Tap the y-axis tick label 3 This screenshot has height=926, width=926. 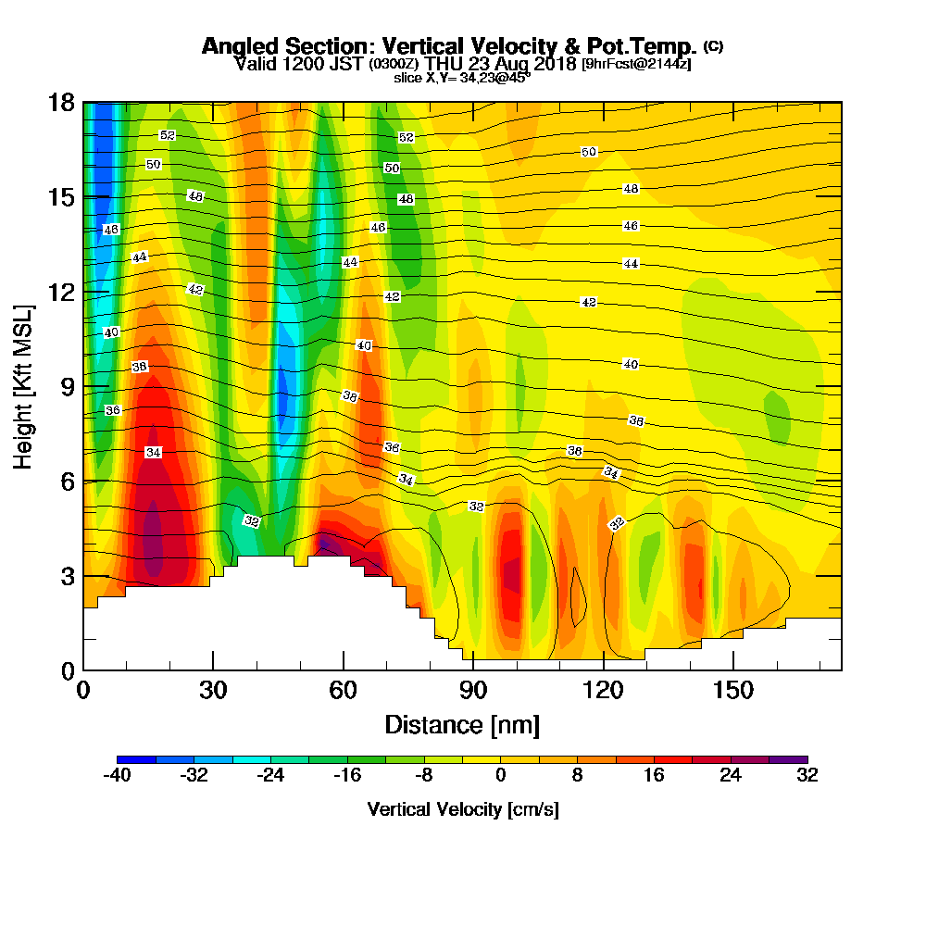click(x=67, y=576)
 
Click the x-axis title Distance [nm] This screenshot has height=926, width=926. click(x=462, y=724)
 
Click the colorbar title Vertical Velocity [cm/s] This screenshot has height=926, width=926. click(x=462, y=809)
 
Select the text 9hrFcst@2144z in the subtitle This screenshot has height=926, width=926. click(x=636, y=64)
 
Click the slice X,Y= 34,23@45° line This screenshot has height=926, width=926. click(x=462, y=78)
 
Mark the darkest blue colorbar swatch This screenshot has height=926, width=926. click(x=136, y=759)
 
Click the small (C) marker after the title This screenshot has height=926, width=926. click(x=713, y=45)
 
